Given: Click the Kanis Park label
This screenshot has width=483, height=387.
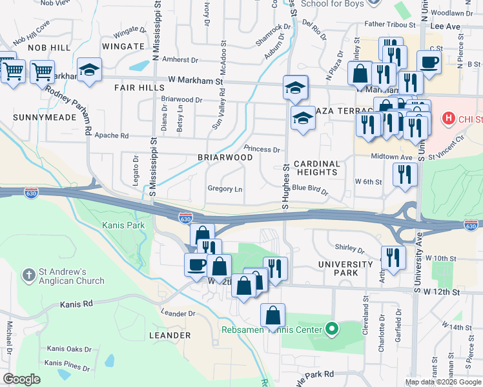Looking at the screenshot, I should pos(123,225).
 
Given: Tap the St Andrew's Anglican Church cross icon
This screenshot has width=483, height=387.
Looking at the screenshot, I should pos(28,275).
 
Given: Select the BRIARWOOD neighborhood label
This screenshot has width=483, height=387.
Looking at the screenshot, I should pos(225,157).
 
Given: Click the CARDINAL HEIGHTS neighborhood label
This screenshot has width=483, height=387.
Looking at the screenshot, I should pos(317,168).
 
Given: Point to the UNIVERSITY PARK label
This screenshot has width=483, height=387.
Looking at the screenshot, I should pos(345,268).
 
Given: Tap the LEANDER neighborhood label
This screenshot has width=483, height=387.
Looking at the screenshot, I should pos(170,335).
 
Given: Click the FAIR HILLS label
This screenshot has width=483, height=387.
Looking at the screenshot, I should pos(139,87).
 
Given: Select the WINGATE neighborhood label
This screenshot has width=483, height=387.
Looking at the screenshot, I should pos(123,46).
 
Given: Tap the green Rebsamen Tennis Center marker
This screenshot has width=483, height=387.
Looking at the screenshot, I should pos(332,329).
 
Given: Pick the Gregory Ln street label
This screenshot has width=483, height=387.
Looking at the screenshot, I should pos(225,189).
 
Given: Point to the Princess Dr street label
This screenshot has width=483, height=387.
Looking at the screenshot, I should pos(262,149).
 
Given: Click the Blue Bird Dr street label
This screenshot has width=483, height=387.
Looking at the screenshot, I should pos(311,190).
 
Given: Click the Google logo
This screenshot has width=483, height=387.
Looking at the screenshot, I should pos(22,379).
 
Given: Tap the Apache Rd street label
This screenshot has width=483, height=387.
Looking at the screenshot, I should pos(112,136).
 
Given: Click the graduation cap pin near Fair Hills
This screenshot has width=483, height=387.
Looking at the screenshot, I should pos(89,70).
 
